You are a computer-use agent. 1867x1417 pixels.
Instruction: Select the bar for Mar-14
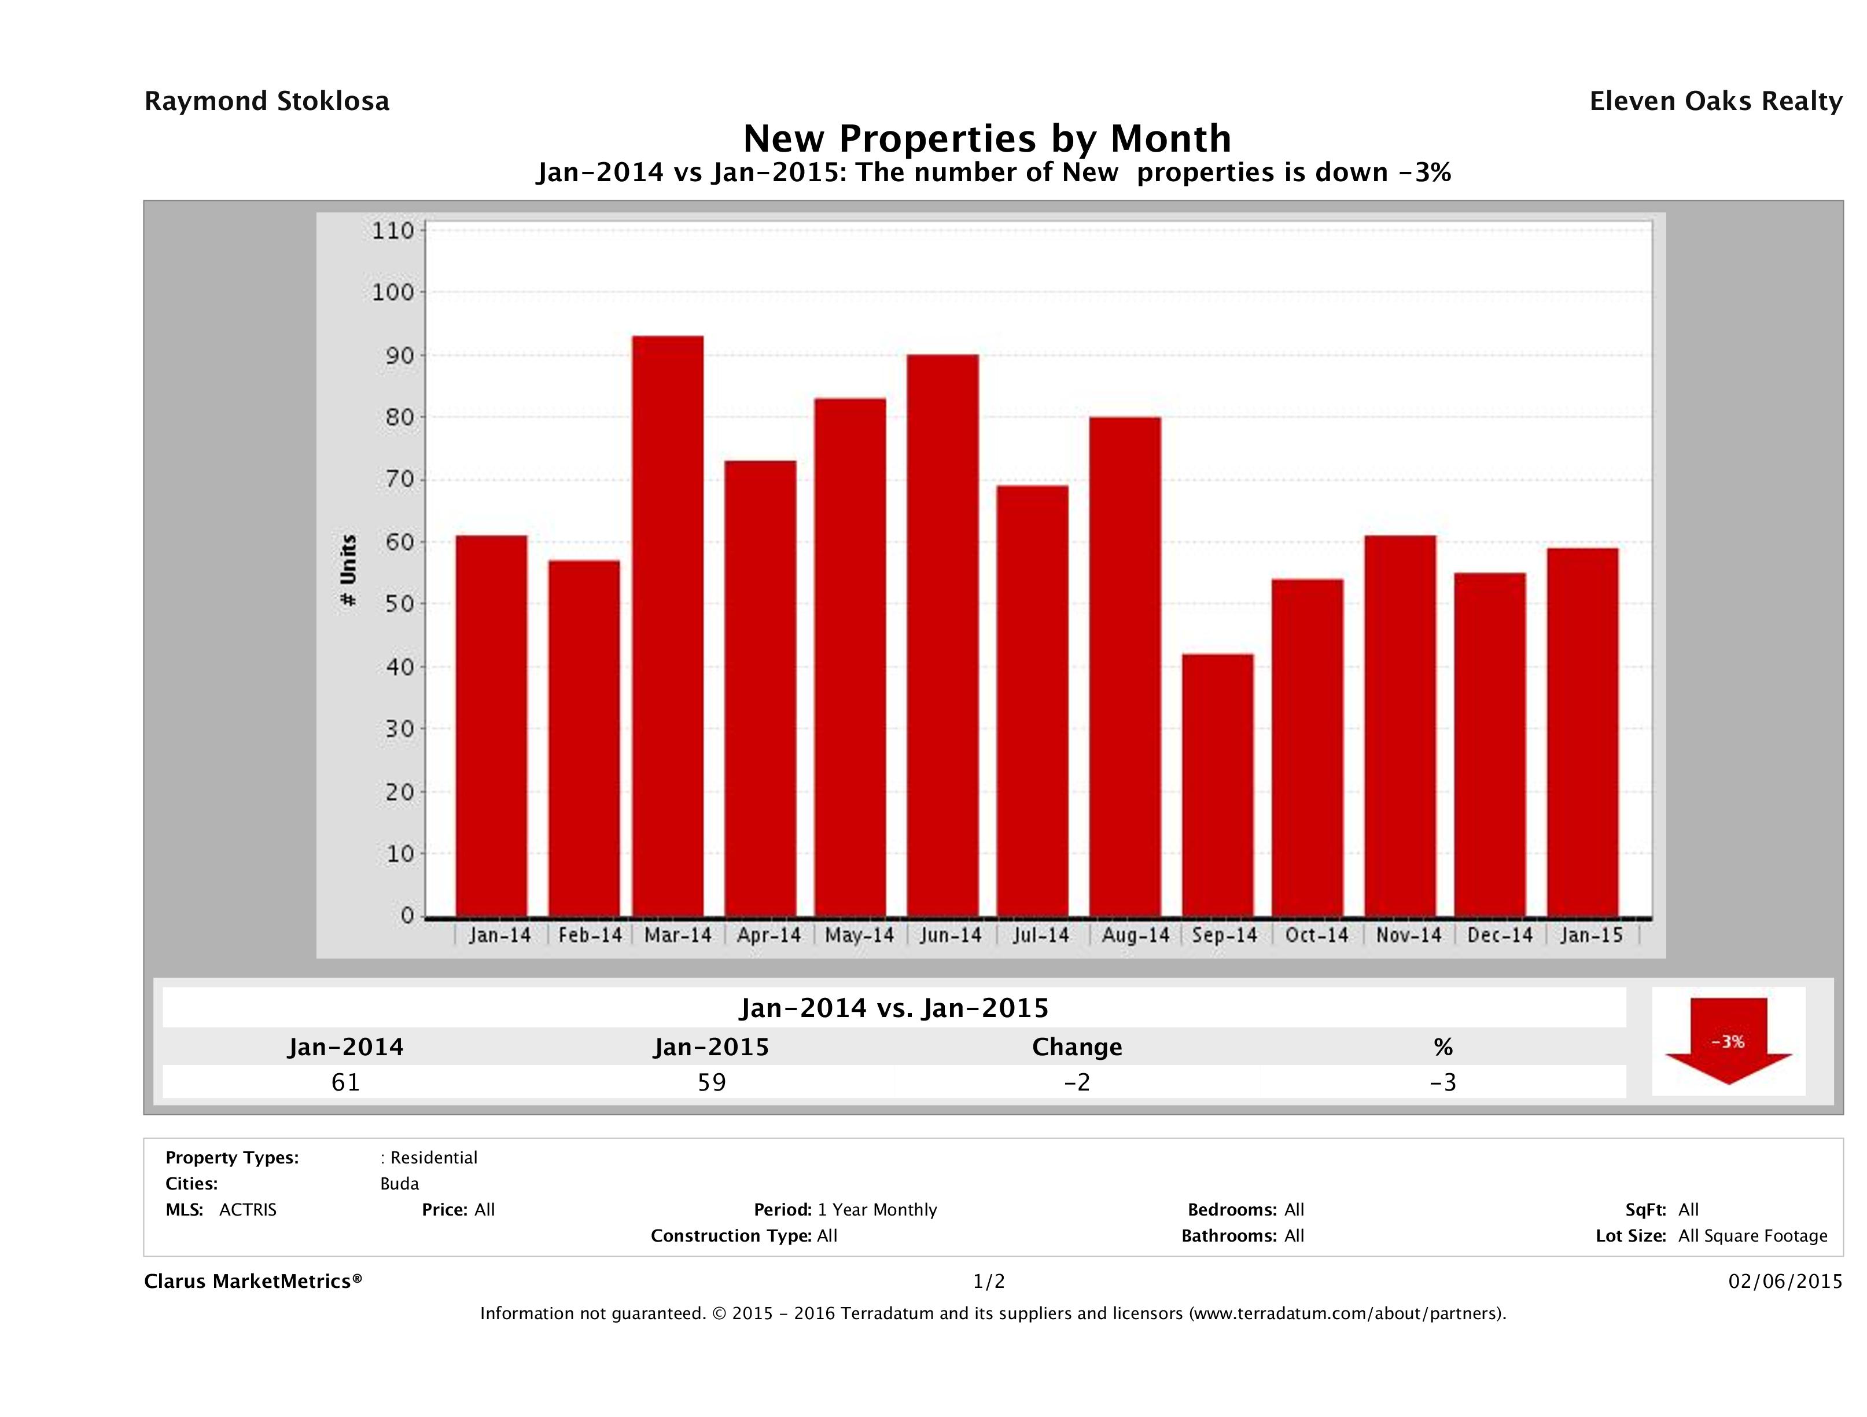[668, 626]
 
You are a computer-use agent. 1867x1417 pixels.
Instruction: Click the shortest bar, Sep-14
[1217, 785]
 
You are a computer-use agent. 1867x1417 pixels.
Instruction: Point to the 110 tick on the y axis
[393, 230]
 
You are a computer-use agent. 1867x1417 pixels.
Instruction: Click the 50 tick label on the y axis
[393, 604]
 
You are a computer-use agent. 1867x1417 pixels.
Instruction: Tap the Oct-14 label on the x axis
[1316, 935]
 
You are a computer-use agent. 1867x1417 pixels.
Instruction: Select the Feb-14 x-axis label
[589, 935]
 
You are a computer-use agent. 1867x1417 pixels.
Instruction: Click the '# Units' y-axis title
[348, 571]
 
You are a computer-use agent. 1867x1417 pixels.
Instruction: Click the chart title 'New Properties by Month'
[986, 138]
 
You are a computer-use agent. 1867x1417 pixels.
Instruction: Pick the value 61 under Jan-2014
[345, 1082]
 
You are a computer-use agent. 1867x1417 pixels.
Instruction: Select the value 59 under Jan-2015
[712, 1082]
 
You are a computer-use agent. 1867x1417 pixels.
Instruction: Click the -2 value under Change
[1077, 1082]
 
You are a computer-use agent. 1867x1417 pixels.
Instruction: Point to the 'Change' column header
[1077, 1047]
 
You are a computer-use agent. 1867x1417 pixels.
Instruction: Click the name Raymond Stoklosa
[267, 101]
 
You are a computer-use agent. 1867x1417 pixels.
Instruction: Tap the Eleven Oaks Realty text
[1715, 101]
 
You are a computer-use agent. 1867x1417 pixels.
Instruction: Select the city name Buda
[399, 1184]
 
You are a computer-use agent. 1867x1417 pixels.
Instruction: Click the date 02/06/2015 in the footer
[1785, 1281]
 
